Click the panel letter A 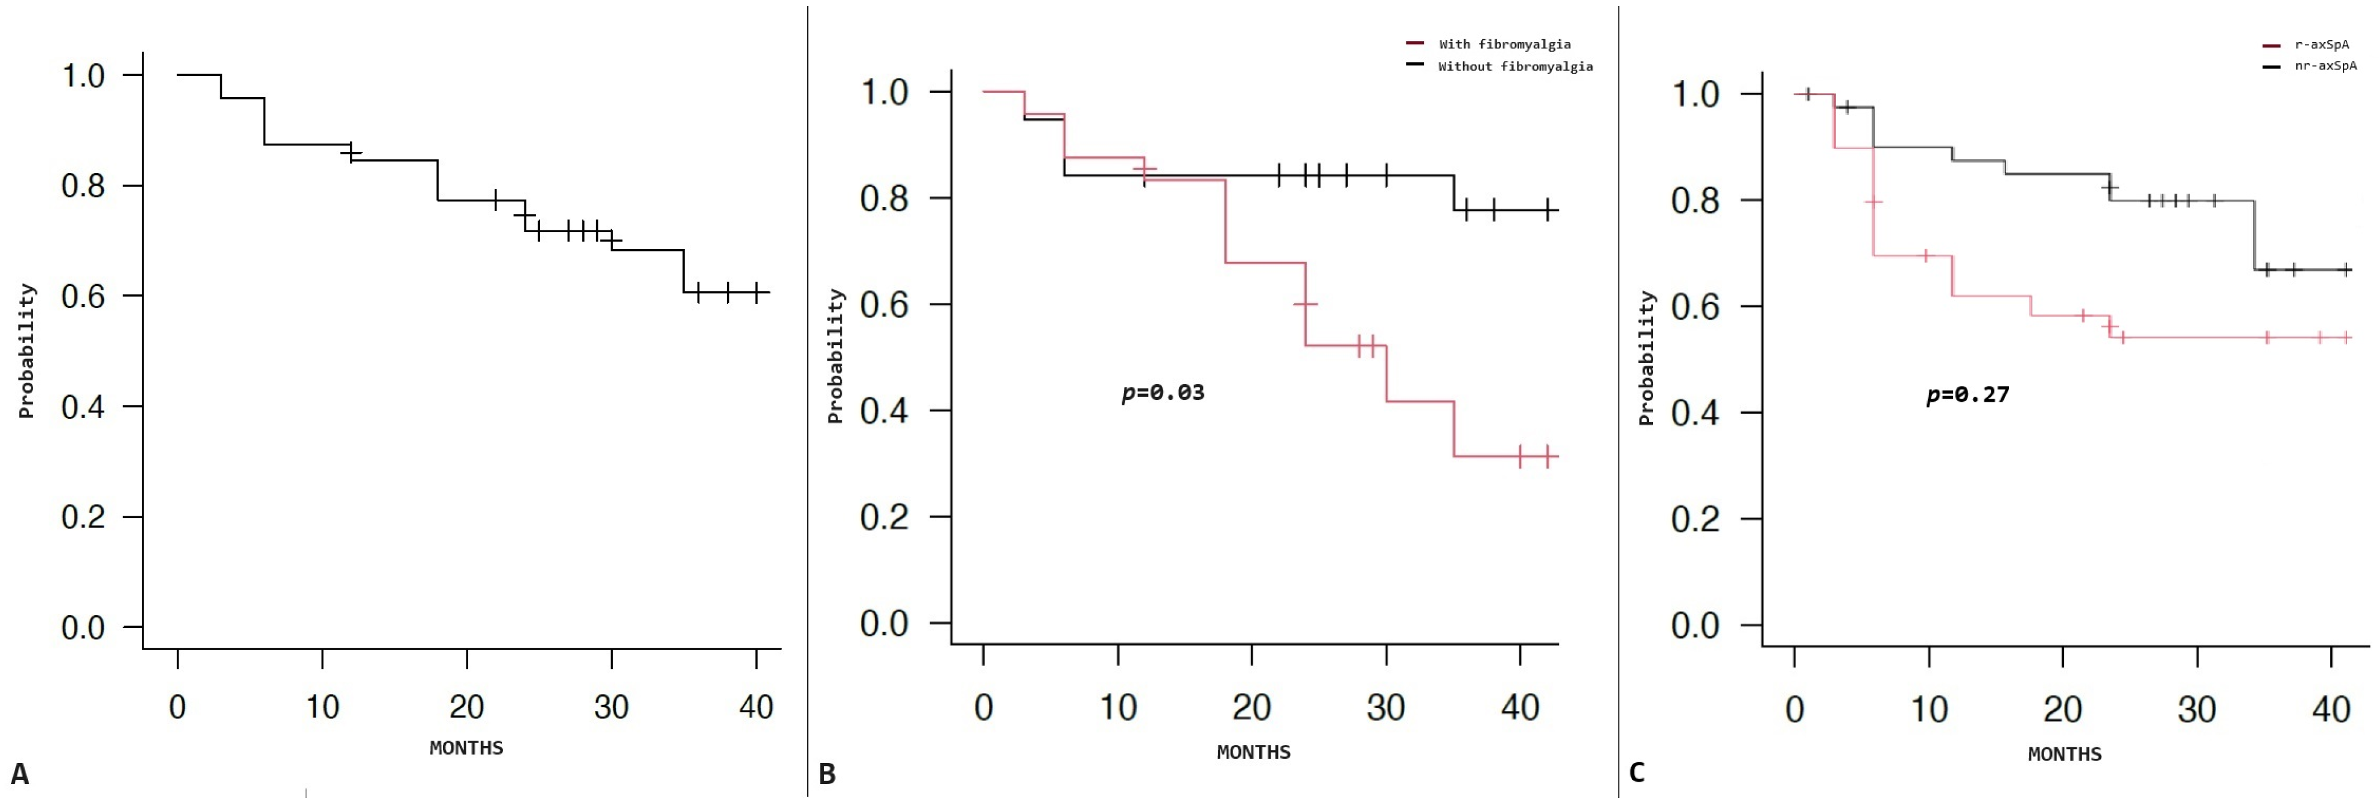(19, 774)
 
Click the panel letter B (827, 774)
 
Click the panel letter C (1636, 772)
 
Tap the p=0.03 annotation (1163, 393)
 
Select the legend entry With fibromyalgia (1504, 43)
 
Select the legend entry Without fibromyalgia (1514, 66)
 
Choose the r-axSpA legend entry (2321, 43)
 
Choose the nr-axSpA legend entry (2325, 66)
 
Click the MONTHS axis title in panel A (466, 747)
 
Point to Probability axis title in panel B (836, 355)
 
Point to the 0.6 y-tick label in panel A (83, 296)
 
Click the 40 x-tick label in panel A (755, 707)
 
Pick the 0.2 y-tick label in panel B (884, 517)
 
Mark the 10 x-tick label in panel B (1117, 707)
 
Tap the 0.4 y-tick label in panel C (1695, 412)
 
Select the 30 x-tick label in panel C (2196, 709)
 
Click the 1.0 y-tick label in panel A (83, 75)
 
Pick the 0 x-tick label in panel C (1794, 709)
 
